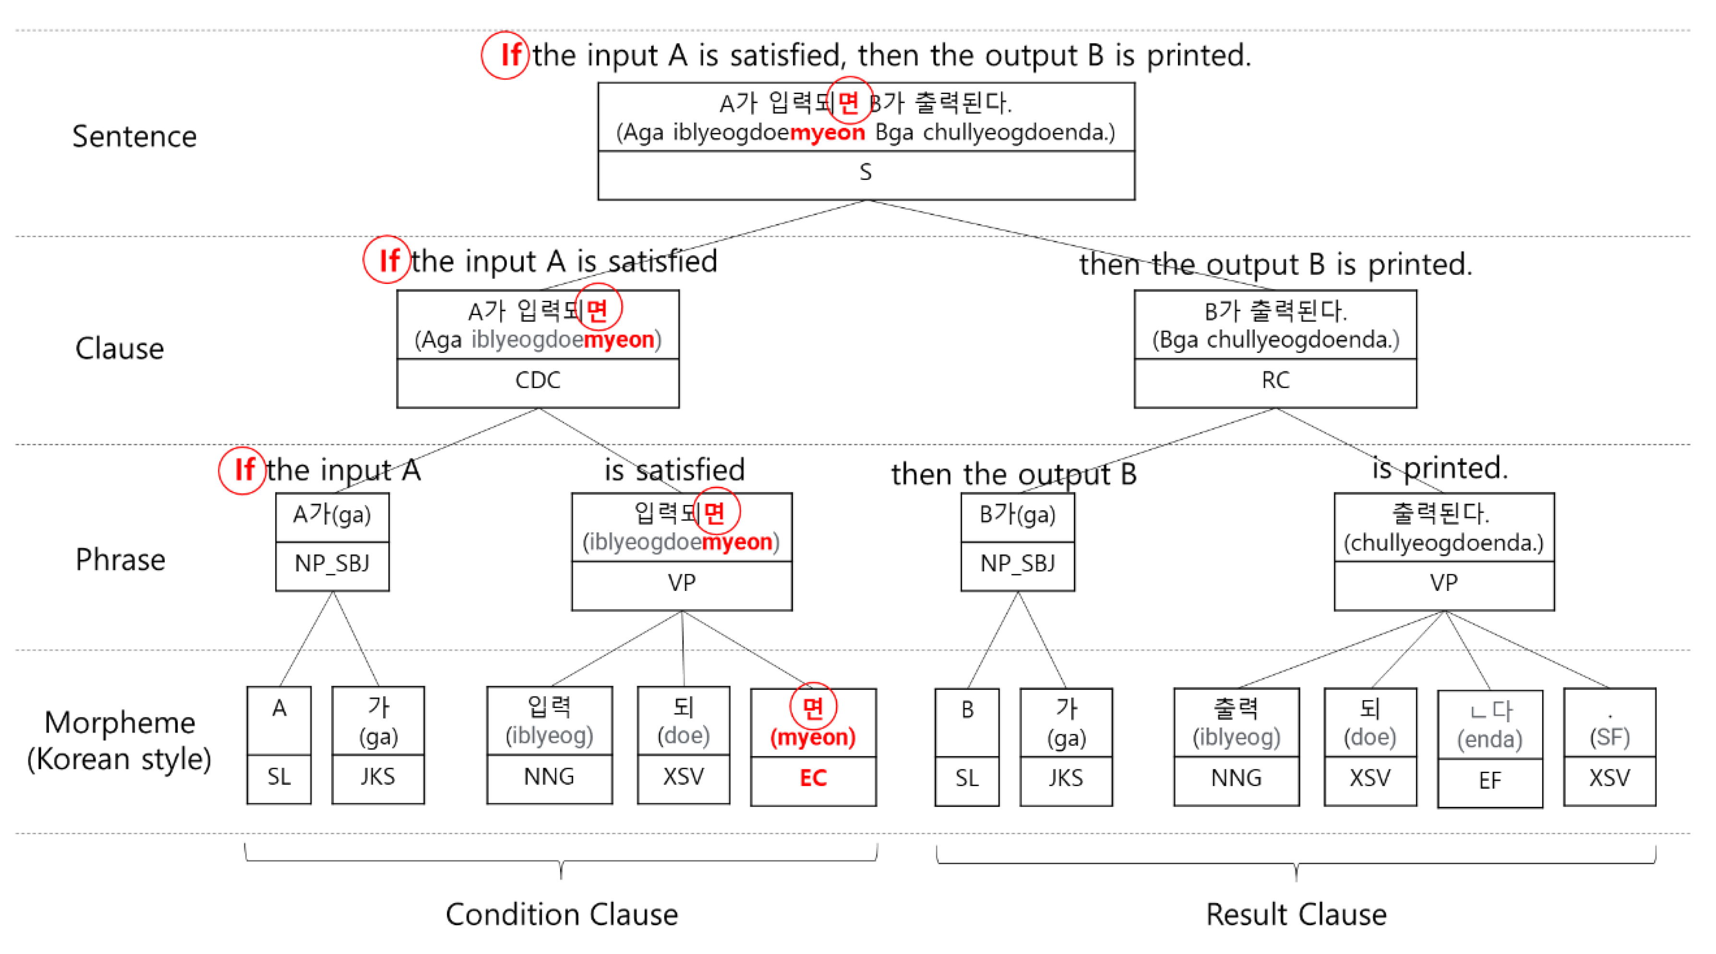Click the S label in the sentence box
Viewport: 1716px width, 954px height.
865,172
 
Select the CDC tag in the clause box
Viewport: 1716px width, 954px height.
538,380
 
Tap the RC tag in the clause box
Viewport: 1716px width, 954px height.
1275,380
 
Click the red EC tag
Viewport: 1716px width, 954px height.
813,777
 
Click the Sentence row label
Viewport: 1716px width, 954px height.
134,137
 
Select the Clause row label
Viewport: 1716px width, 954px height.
120,349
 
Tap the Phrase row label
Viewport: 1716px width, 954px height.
120,559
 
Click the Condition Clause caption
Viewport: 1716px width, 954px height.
562,915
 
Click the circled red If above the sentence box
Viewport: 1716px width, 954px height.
510,55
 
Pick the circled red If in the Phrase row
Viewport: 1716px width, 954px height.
244,470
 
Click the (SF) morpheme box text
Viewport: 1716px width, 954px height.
1609,737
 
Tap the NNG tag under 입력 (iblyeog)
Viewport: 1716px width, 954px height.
549,776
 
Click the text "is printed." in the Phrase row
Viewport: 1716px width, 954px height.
1440,468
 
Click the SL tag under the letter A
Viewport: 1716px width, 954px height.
279,776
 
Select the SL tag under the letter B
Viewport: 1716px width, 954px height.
967,777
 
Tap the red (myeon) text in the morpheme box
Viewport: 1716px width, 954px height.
813,737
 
